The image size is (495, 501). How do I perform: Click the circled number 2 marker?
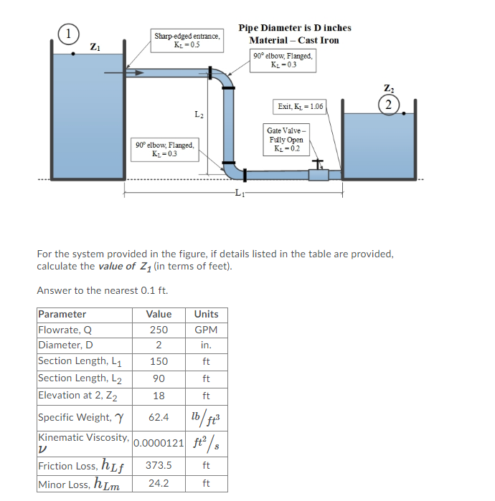click(x=388, y=104)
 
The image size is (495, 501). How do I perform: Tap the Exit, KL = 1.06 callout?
click(x=300, y=107)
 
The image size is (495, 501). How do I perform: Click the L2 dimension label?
click(x=199, y=115)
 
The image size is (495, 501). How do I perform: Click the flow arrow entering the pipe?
click(x=115, y=72)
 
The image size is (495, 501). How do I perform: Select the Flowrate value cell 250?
click(x=159, y=330)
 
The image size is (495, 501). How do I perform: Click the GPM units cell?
click(x=206, y=330)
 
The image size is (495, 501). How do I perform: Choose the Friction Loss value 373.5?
click(x=159, y=465)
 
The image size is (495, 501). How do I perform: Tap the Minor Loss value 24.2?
click(x=159, y=483)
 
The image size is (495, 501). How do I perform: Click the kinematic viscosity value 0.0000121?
click(x=158, y=442)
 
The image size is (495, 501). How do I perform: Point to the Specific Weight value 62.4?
click(x=159, y=417)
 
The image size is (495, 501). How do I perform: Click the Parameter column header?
click(x=62, y=314)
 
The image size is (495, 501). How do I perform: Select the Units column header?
click(x=206, y=314)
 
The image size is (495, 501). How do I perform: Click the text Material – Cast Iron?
click(x=294, y=40)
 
